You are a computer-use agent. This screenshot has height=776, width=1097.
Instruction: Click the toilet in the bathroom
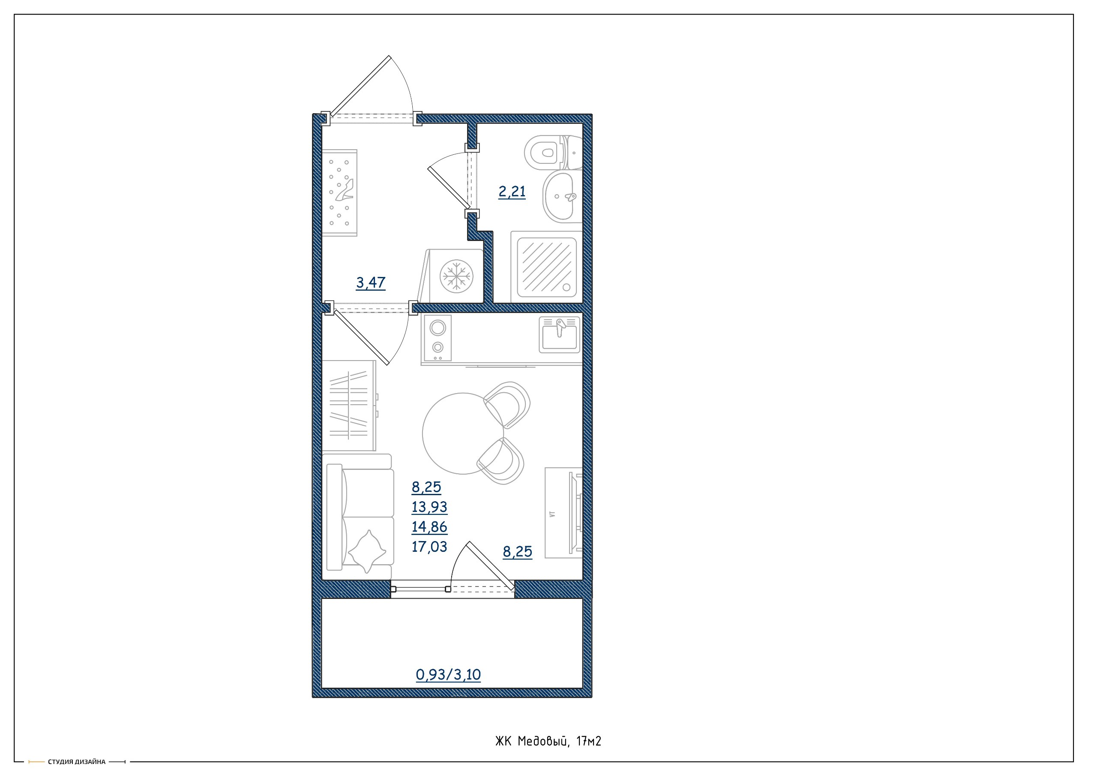553,153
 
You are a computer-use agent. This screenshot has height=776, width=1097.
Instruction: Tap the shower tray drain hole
566,287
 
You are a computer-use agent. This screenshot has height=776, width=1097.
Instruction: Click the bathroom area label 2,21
512,192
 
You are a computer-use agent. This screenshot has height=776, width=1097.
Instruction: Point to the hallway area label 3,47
370,283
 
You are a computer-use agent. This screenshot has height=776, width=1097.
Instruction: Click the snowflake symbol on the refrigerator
456,276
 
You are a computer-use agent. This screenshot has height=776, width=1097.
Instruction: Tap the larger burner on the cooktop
438,328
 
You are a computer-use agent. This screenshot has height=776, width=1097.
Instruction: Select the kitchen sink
560,335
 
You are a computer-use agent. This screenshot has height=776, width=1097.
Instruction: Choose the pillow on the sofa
367,551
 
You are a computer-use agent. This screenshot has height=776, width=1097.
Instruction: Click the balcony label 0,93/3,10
448,675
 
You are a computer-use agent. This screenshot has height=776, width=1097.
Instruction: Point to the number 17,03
429,547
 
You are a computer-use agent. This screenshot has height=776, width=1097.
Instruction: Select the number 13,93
429,507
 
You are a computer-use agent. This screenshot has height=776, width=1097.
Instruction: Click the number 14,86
429,527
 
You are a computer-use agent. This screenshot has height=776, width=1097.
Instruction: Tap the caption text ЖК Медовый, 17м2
548,741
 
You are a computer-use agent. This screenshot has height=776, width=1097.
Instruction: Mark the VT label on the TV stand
552,514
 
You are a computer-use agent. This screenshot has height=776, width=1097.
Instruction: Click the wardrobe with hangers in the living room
349,406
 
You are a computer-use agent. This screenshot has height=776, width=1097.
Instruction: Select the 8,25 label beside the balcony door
518,552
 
